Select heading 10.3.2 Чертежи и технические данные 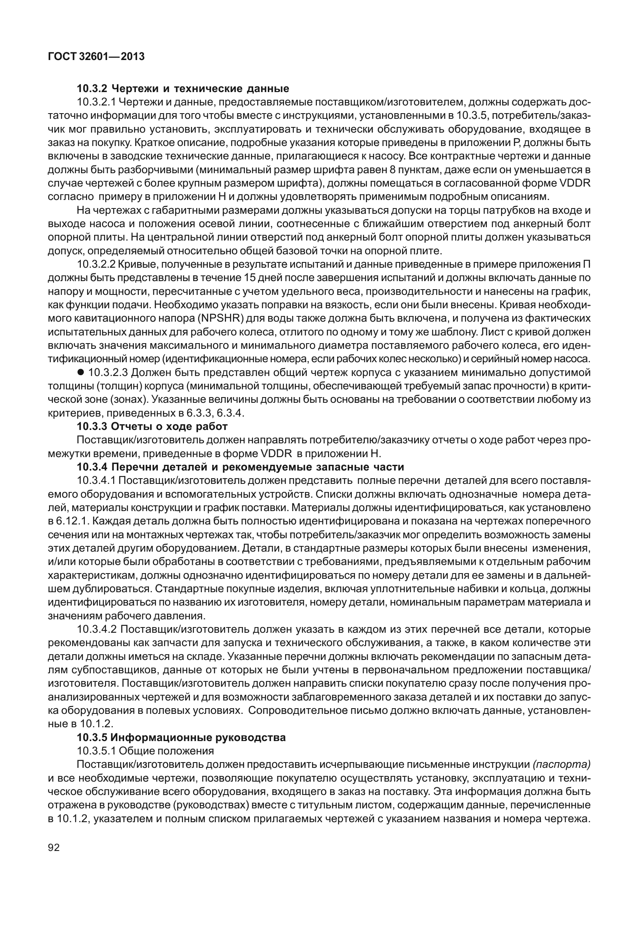(183, 88)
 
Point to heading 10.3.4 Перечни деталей (241, 467)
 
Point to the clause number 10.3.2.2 (97, 264)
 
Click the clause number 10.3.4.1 (97, 481)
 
